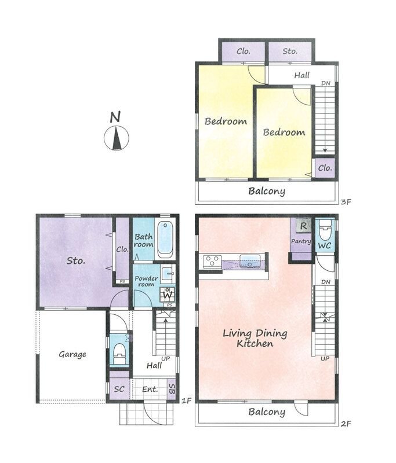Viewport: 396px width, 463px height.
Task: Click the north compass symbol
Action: pyautogui.click(x=117, y=138)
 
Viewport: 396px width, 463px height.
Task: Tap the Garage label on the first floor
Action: pyautogui.click(x=72, y=354)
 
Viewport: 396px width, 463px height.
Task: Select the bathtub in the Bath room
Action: pyautogui.click(x=165, y=240)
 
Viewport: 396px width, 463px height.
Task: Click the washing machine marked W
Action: pyautogui.click(x=168, y=295)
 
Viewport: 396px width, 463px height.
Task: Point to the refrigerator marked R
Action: pyautogui.click(x=303, y=226)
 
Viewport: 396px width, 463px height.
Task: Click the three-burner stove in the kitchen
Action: pyautogui.click(x=212, y=262)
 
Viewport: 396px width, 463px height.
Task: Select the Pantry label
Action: pyautogui.click(x=301, y=241)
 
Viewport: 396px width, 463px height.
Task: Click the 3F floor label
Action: pyautogui.click(x=346, y=202)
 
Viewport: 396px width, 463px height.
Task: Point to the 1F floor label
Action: pyautogui.click(x=186, y=400)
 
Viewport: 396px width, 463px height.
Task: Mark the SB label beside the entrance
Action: pyautogui.click(x=172, y=389)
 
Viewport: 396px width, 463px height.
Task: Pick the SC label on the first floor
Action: pyautogui.click(x=119, y=389)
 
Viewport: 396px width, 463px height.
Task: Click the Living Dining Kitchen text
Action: pyautogui.click(x=255, y=339)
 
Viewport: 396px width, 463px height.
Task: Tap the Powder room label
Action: pyautogui.click(x=146, y=281)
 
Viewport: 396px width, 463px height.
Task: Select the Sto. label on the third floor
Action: pyautogui.click(x=290, y=52)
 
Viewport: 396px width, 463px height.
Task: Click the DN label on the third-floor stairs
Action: pyautogui.click(x=326, y=83)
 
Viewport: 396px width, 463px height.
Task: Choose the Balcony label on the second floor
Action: pyautogui.click(x=267, y=411)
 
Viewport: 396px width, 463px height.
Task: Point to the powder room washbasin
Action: pyautogui.click(x=168, y=271)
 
